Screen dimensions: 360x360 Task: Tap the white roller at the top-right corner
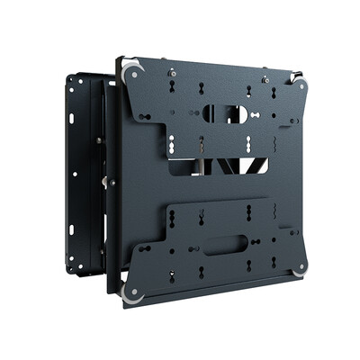point(300,85)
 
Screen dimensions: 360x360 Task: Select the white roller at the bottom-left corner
point(132,292)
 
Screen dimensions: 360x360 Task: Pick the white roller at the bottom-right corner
point(299,266)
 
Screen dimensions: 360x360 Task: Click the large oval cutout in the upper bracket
point(222,113)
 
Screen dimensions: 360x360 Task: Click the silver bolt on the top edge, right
point(265,79)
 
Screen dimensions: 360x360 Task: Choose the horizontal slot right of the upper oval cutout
point(258,115)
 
